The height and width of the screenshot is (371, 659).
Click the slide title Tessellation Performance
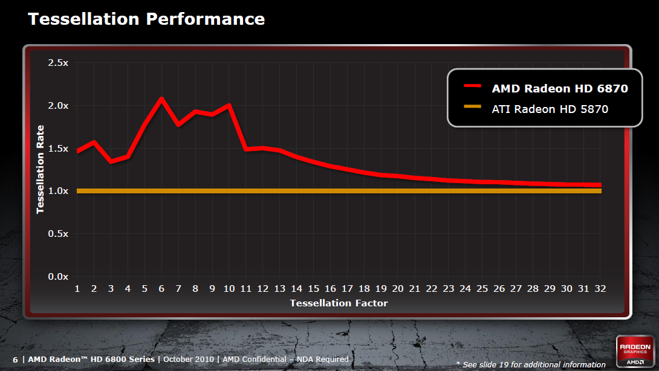(x=146, y=19)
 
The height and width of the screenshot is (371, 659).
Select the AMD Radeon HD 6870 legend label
(x=560, y=88)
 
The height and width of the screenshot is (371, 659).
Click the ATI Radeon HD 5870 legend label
(x=550, y=109)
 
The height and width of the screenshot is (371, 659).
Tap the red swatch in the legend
(x=472, y=87)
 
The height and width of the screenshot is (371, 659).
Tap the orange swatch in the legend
(x=472, y=108)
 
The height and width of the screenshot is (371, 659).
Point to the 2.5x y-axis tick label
(x=58, y=63)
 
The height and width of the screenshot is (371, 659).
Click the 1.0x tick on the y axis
(x=58, y=191)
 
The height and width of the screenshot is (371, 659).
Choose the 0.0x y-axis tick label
(x=58, y=277)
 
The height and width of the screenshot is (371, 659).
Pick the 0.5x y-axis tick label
(x=58, y=234)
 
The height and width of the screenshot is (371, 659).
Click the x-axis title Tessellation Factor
(x=339, y=303)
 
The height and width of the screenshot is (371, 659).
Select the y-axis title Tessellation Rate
(x=41, y=169)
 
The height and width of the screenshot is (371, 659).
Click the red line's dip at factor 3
(x=111, y=161)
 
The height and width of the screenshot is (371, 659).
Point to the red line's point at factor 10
(x=229, y=105)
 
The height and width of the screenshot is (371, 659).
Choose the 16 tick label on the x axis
(x=330, y=289)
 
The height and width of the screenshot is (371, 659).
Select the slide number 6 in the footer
(x=15, y=360)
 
